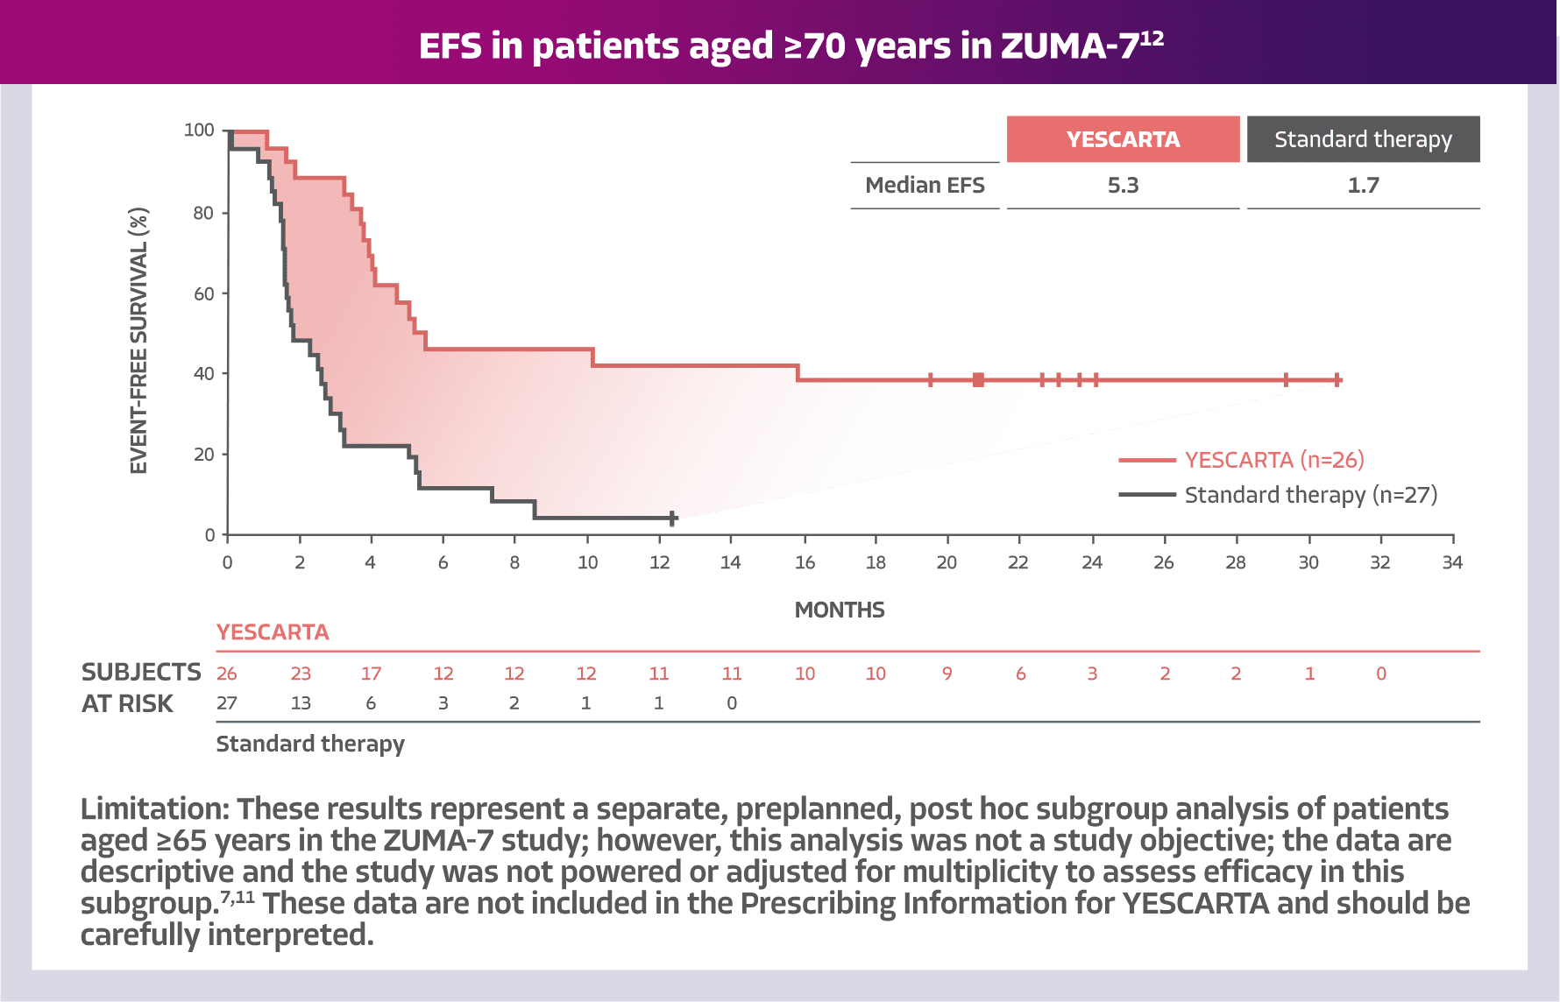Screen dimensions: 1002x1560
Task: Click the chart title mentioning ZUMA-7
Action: click(x=791, y=46)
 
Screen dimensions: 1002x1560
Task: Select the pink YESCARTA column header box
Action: click(x=1123, y=139)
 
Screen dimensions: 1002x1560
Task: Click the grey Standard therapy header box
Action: click(x=1363, y=139)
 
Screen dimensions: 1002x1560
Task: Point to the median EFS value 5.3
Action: click(x=1123, y=186)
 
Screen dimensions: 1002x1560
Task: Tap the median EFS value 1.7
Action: click(x=1363, y=186)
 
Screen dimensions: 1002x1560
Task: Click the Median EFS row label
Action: click(x=925, y=186)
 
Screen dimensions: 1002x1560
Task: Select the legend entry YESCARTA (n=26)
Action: click(x=1273, y=460)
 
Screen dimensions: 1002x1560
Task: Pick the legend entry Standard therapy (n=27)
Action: click(x=1310, y=496)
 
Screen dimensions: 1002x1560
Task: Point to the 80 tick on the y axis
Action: click(x=203, y=213)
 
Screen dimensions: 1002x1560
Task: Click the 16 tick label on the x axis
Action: click(x=805, y=562)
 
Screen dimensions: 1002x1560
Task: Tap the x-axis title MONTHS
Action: click(x=840, y=610)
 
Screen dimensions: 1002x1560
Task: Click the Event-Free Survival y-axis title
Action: click(x=139, y=342)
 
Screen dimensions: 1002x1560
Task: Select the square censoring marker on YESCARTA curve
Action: click(x=978, y=379)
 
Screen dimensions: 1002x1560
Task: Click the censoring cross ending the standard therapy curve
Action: click(x=672, y=519)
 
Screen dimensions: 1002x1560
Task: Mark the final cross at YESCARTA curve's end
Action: click(x=1337, y=379)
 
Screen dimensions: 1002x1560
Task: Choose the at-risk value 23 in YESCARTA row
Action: click(x=301, y=674)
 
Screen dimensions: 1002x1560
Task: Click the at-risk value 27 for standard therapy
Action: click(x=226, y=703)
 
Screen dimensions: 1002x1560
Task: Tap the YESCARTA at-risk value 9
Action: click(x=947, y=674)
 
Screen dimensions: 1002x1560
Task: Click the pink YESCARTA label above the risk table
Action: click(x=273, y=632)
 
